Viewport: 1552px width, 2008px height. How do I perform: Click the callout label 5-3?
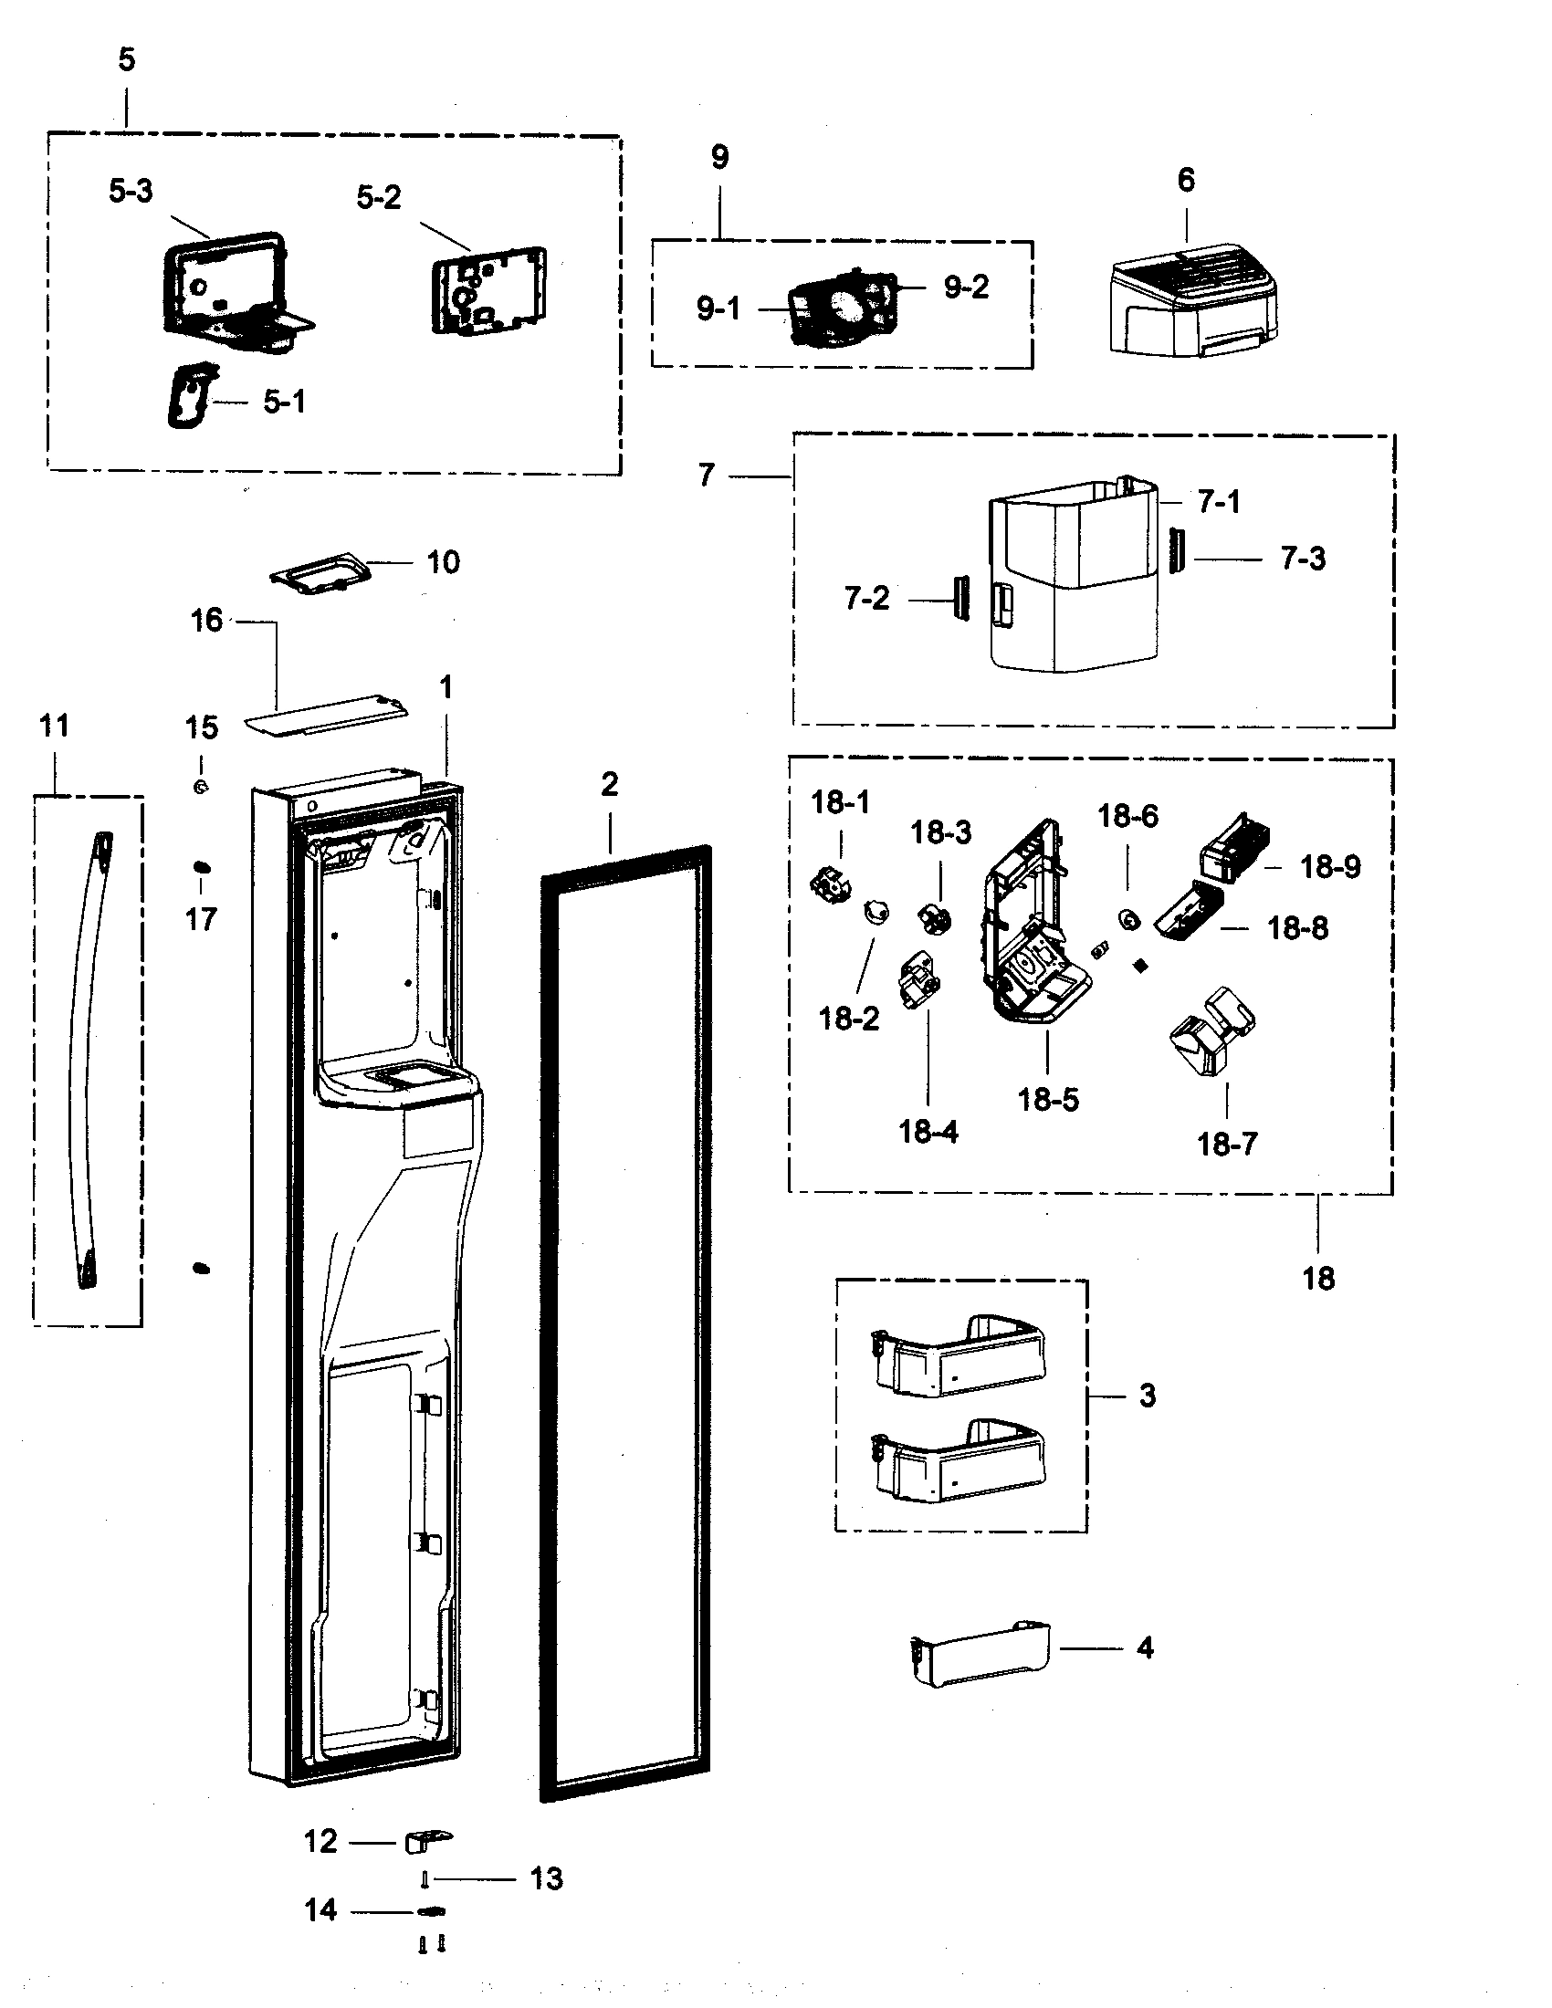click(131, 192)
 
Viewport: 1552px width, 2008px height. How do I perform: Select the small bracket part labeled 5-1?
click(190, 395)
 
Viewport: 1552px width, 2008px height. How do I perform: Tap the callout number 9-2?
click(966, 288)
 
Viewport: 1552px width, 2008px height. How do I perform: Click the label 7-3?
click(1303, 558)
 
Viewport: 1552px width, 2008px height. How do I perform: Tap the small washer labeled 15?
click(201, 787)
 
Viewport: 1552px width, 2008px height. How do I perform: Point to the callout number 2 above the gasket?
click(610, 784)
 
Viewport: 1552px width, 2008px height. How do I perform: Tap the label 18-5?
click(1047, 1100)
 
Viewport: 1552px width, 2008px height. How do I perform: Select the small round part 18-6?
click(1127, 918)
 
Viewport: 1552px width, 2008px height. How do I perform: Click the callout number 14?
click(320, 1910)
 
